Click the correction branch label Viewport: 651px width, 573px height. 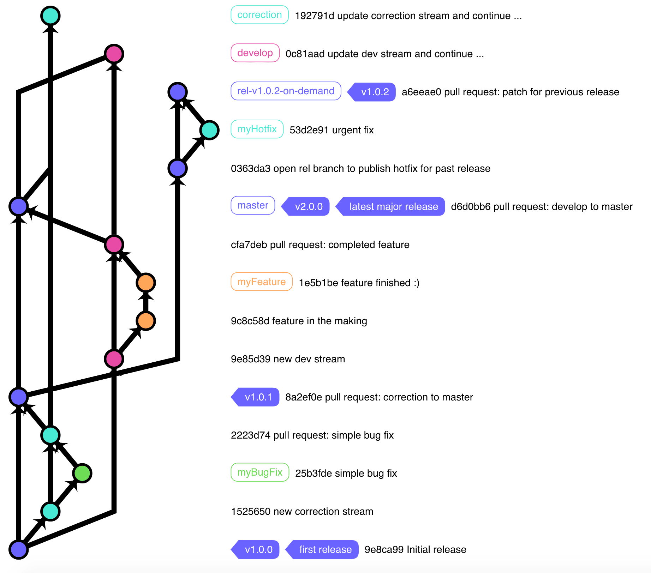point(259,15)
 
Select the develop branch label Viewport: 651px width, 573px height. point(255,53)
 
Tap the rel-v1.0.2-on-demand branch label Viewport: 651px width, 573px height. point(286,91)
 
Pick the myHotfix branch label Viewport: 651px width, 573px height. point(257,129)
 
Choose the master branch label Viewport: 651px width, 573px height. point(253,206)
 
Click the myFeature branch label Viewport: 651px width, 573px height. point(261,282)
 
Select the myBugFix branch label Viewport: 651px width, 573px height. point(260,472)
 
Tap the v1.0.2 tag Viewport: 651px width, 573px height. point(374,92)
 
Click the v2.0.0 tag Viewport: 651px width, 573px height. point(308,207)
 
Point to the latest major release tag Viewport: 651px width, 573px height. point(393,207)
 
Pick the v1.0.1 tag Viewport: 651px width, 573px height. point(258,397)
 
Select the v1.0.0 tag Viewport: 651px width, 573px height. point(258,550)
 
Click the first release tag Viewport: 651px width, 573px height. point(325,550)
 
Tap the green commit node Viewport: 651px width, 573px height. point(82,473)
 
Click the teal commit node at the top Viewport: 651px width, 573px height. point(50,16)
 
